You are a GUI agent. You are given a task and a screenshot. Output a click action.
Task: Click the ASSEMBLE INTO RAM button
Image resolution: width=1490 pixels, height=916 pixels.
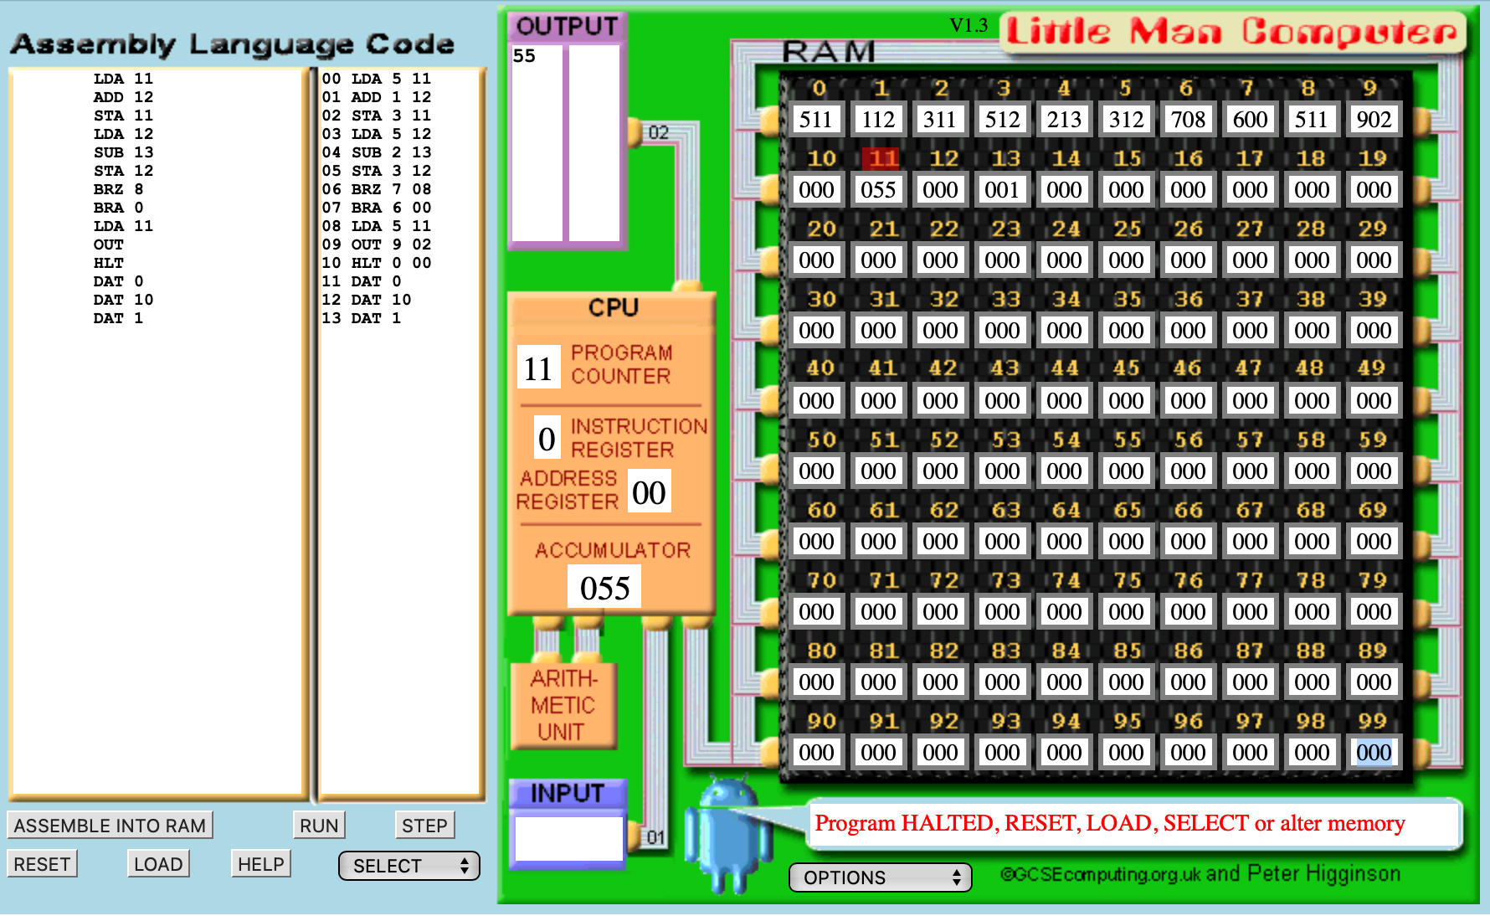click(x=110, y=826)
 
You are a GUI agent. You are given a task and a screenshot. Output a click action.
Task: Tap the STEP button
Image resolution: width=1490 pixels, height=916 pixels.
click(x=424, y=826)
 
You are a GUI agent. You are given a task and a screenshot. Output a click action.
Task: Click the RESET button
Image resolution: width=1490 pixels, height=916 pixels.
click(x=42, y=864)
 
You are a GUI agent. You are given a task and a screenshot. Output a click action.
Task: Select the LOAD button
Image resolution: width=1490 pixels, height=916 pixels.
click(x=158, y=864)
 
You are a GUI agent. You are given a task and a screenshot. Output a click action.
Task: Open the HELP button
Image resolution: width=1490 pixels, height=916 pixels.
click(x=261, y=864)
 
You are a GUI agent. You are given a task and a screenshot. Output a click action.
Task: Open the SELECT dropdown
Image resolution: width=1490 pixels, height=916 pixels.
click(x=409, y=866)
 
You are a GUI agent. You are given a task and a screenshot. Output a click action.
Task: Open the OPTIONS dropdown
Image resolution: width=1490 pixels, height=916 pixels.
click(x=880, y=877)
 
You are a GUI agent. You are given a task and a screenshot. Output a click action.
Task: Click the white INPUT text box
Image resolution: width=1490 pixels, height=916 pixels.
click(x=569, y=838)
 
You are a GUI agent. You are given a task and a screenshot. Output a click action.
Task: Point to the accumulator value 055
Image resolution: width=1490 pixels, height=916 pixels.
click(x=605, y=588)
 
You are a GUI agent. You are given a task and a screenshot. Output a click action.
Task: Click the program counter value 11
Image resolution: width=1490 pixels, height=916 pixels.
click(x=538, y=368)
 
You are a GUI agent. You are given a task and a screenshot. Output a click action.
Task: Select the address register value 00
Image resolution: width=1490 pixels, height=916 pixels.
click(x=649, y=492)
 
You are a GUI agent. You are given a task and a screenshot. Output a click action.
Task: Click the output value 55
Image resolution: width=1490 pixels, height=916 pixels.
click(x=524, y=56)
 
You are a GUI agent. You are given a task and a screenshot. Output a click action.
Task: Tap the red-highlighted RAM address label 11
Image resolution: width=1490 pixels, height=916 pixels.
click(x=882, y=158)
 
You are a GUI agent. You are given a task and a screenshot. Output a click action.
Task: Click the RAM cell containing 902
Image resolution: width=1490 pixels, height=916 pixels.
click(x=1374, y=120)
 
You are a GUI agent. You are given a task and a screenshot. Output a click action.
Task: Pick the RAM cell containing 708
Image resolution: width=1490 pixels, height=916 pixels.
click(x=1188, y=120)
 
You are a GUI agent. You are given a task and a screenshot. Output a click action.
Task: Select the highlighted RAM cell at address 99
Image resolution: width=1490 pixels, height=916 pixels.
click(x=1374, y=753)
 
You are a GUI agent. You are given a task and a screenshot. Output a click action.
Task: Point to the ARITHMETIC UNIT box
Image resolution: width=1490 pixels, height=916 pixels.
click(x=563, y=705)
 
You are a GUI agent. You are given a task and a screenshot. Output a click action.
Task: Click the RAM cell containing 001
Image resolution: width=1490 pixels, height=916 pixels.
click(x=1002, y=190)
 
